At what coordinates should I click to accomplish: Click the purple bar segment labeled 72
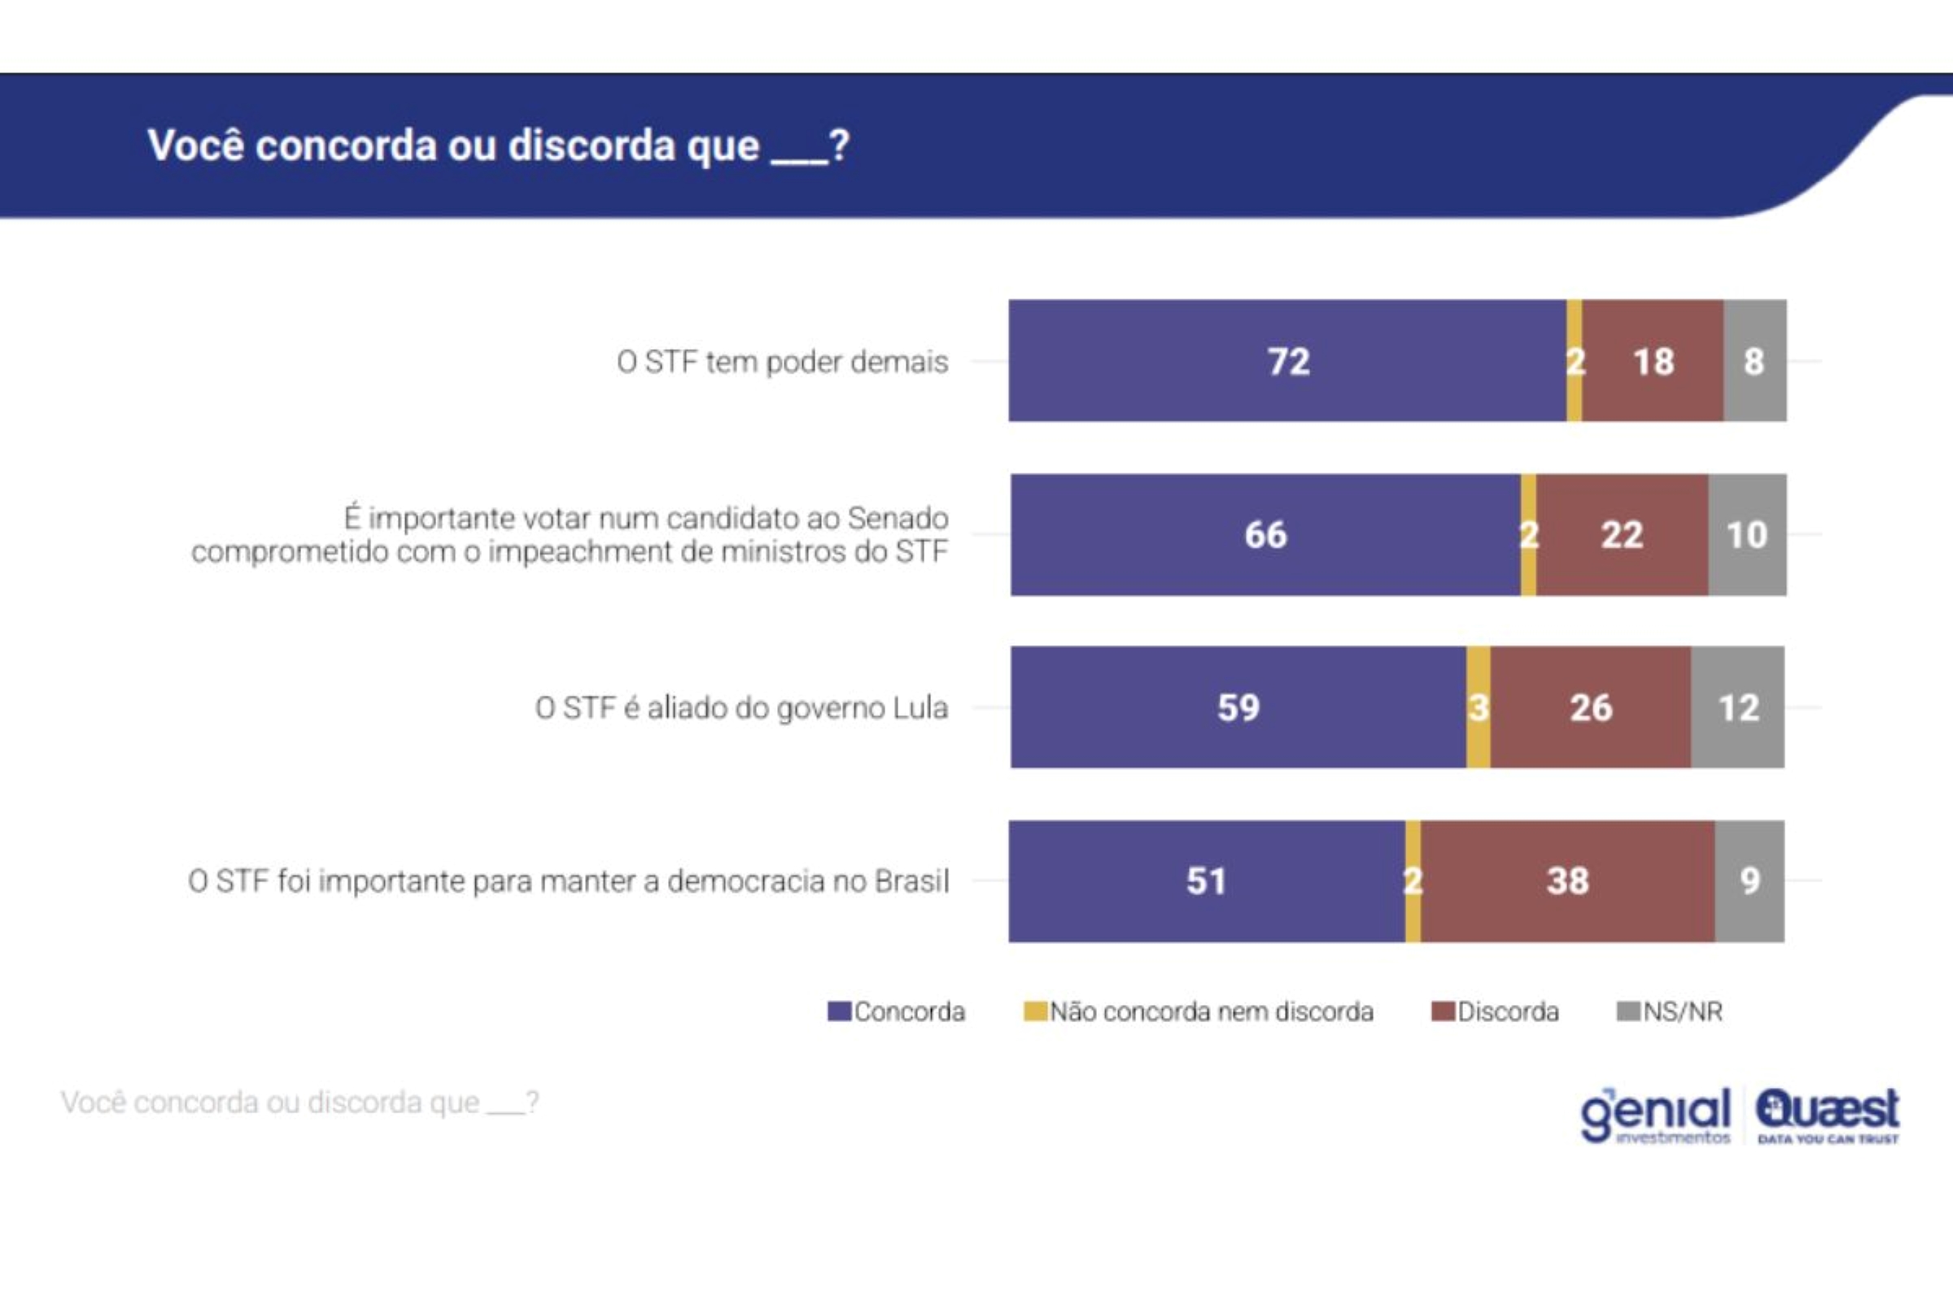click(x=1287, y=361)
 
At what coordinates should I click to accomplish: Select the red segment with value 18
click(x=1653, y=361)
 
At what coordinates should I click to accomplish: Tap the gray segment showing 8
click(x=1754, y=361)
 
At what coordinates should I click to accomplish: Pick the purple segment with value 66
click(x=1265, y=535)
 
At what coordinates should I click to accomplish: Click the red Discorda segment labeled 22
click(x=1622, y=535)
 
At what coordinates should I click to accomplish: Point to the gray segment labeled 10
click(x=1746, y=535)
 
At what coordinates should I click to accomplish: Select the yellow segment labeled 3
click(x=1478, y=707)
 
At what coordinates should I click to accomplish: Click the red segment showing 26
click(x=1590, y=707)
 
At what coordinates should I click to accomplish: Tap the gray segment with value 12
click(x=1737, y=707)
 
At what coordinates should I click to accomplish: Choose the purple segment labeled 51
click(x=1206, y=881)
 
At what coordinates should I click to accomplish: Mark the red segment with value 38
click(x=1567, y=881)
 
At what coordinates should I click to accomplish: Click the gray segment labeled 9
click(x=1749, y=881)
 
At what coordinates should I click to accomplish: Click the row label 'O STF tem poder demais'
click(x=781, y=362)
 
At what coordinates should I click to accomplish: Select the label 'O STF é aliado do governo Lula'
click(x=741, y=708)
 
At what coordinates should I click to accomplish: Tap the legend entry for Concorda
click(x=897, y=1011)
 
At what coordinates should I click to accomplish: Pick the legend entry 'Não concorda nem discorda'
click(x=1199, y=1011)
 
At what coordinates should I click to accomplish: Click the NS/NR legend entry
click(x=1670, y=1011)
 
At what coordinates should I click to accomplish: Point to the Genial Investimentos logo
click(x=1656, y=1115)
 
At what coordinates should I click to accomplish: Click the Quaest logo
click(x=1827, y=1115)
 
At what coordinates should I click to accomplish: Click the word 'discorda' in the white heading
click(x=592, y=146)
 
